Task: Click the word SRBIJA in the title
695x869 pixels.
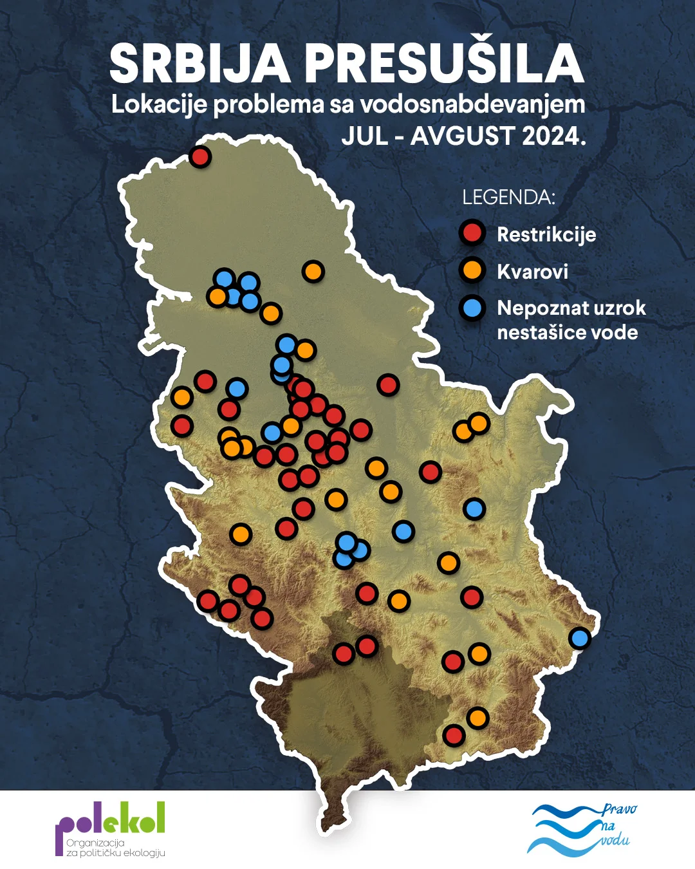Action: pos(199,64)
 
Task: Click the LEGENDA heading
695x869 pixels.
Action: pos(508,197)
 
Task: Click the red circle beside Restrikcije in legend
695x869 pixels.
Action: pos(472,233)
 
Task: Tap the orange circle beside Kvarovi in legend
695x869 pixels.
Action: pos(472,270)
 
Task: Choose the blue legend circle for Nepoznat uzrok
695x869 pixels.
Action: pos(472,308)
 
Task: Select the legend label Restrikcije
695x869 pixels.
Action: pos(546,234)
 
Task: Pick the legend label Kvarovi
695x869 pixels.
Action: pos(532,271)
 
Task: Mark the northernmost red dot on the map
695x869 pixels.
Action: pos(200,156)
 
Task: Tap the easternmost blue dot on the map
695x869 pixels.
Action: pos(580,638)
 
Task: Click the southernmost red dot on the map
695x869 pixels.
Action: pos(454,734)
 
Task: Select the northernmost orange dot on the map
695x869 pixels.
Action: pos(313,272)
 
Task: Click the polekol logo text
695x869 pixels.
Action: pos(110,819)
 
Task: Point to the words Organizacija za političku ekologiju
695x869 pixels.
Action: pos(116,848)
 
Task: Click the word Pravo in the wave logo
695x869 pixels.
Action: pos(619,809)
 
